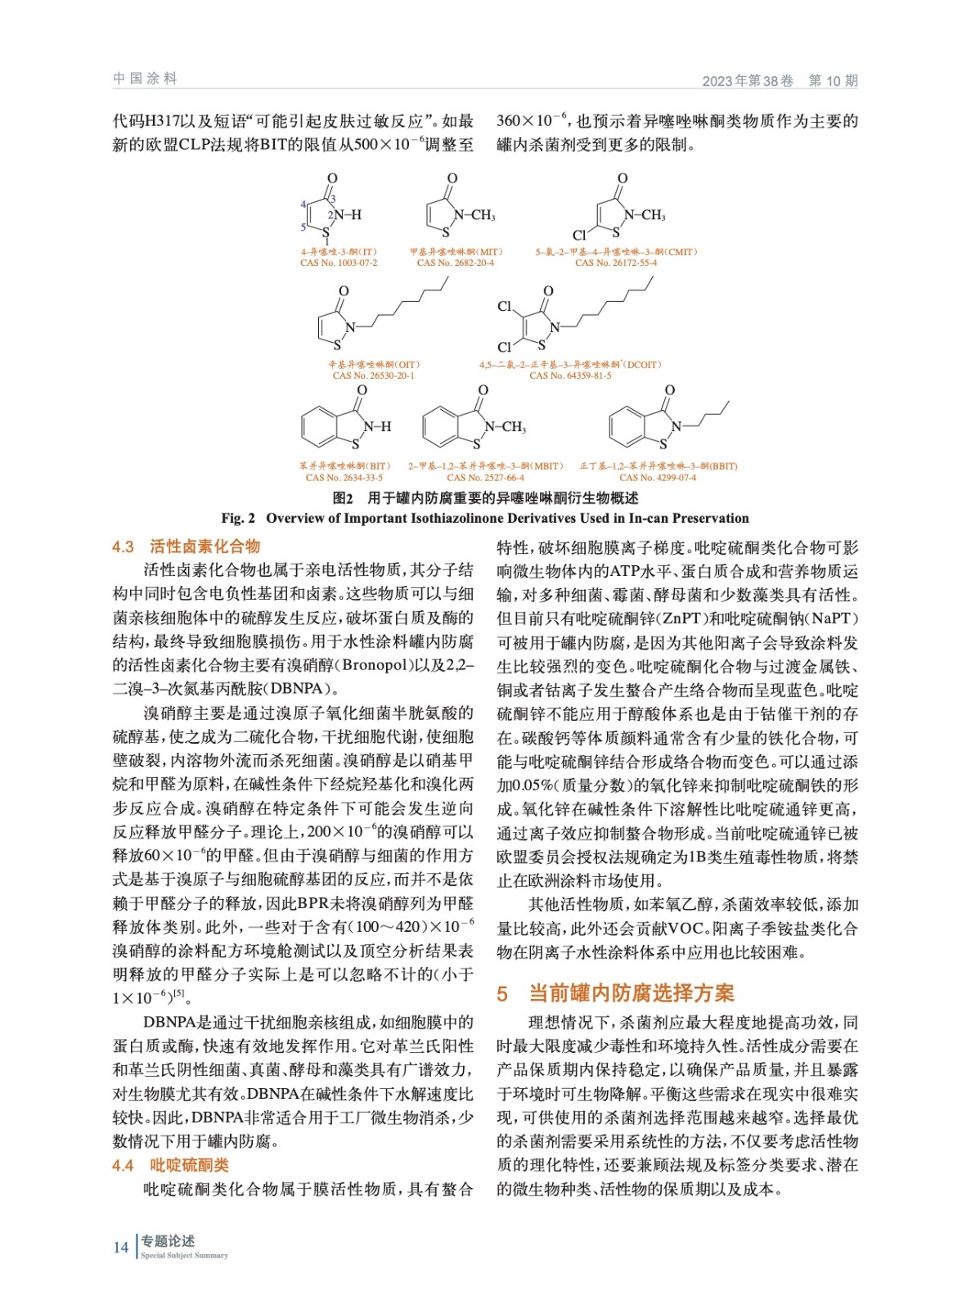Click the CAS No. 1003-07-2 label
[x=339, y=263]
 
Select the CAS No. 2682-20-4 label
[x=455, y=263]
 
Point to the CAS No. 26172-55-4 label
[x=616, y=263]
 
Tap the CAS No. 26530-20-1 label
[x=373, y=376]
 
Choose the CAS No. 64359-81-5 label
[x=570, y=376]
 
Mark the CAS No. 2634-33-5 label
[x=344, y=478]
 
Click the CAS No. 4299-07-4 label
[x=658, y=478]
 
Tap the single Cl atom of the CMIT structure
[x=579, y=236]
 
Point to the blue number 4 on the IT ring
[x=303, y=205]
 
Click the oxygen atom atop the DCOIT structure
[x=548, y=291]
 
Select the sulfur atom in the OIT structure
[x=337, y=346]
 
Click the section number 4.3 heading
[x=123, y=547]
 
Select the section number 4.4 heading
[x=123, y=1165]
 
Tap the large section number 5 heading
[x=502, y=993]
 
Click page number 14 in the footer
[x=121, y=1247]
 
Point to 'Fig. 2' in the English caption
[x=238, y=518]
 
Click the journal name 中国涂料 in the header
[x=145, y=79]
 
